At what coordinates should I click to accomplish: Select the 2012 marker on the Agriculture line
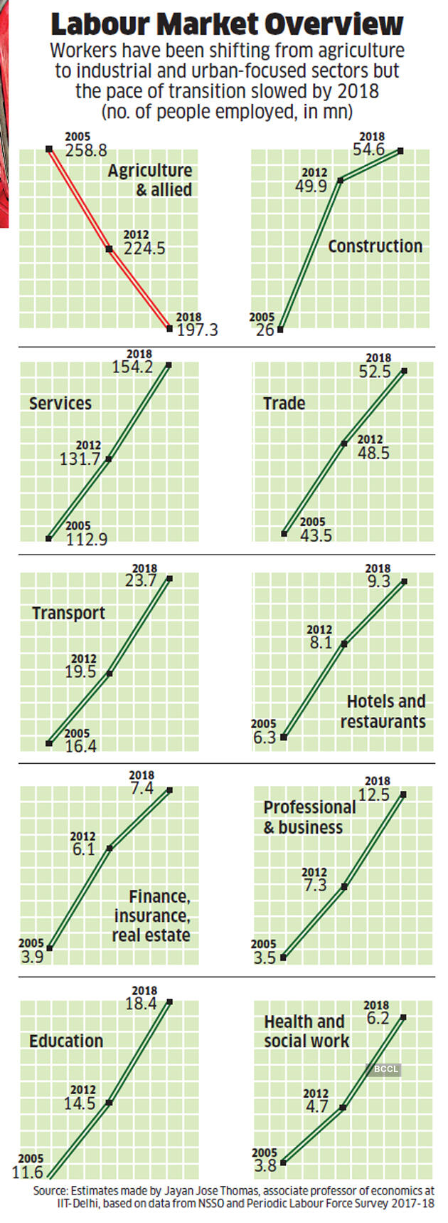(110, 248)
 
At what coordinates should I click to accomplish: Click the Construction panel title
(375, 246)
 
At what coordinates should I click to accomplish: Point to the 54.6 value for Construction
(368, 150)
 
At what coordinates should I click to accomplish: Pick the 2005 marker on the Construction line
(281, 329)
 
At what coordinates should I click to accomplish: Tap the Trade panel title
(284, 404)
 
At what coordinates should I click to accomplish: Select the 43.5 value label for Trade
(316, 535)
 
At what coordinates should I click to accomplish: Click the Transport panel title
(68, 614)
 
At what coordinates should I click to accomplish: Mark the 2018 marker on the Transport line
(169, 579)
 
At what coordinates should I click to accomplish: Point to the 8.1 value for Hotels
(321, 643)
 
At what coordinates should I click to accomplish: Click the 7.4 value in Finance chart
(142, 789)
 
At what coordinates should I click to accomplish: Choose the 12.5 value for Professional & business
(374, 794)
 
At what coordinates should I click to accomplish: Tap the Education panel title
(66, 1041)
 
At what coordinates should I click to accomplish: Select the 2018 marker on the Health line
(405, 1017)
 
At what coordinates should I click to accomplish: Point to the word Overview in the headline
(333, 26)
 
